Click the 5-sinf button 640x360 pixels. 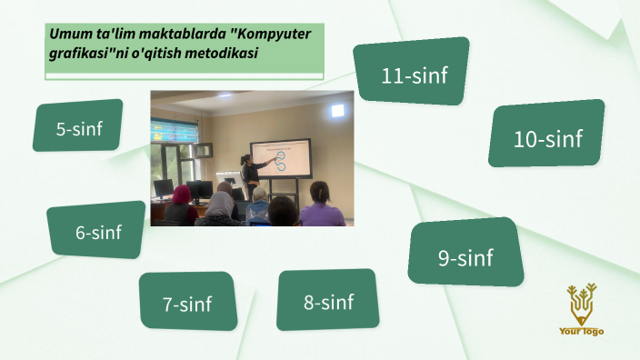point(78,127)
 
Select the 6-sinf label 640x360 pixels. point(97,231)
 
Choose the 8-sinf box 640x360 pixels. point(327,300)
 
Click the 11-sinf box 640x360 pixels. point(414,73)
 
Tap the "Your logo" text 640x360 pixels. point(581,332)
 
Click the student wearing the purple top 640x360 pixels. point(321,209)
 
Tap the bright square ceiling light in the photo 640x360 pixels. point(337,110)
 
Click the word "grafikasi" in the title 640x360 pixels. point(80,54)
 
